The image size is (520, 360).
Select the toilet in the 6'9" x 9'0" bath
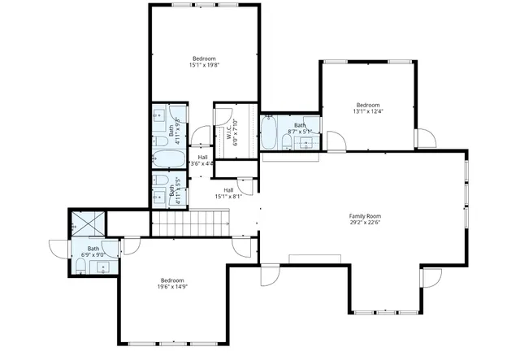[x=82, y=266]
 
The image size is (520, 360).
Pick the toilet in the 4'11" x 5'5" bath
[x=159, y=180]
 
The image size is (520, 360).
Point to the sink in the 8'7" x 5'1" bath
[x=307, y=144]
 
